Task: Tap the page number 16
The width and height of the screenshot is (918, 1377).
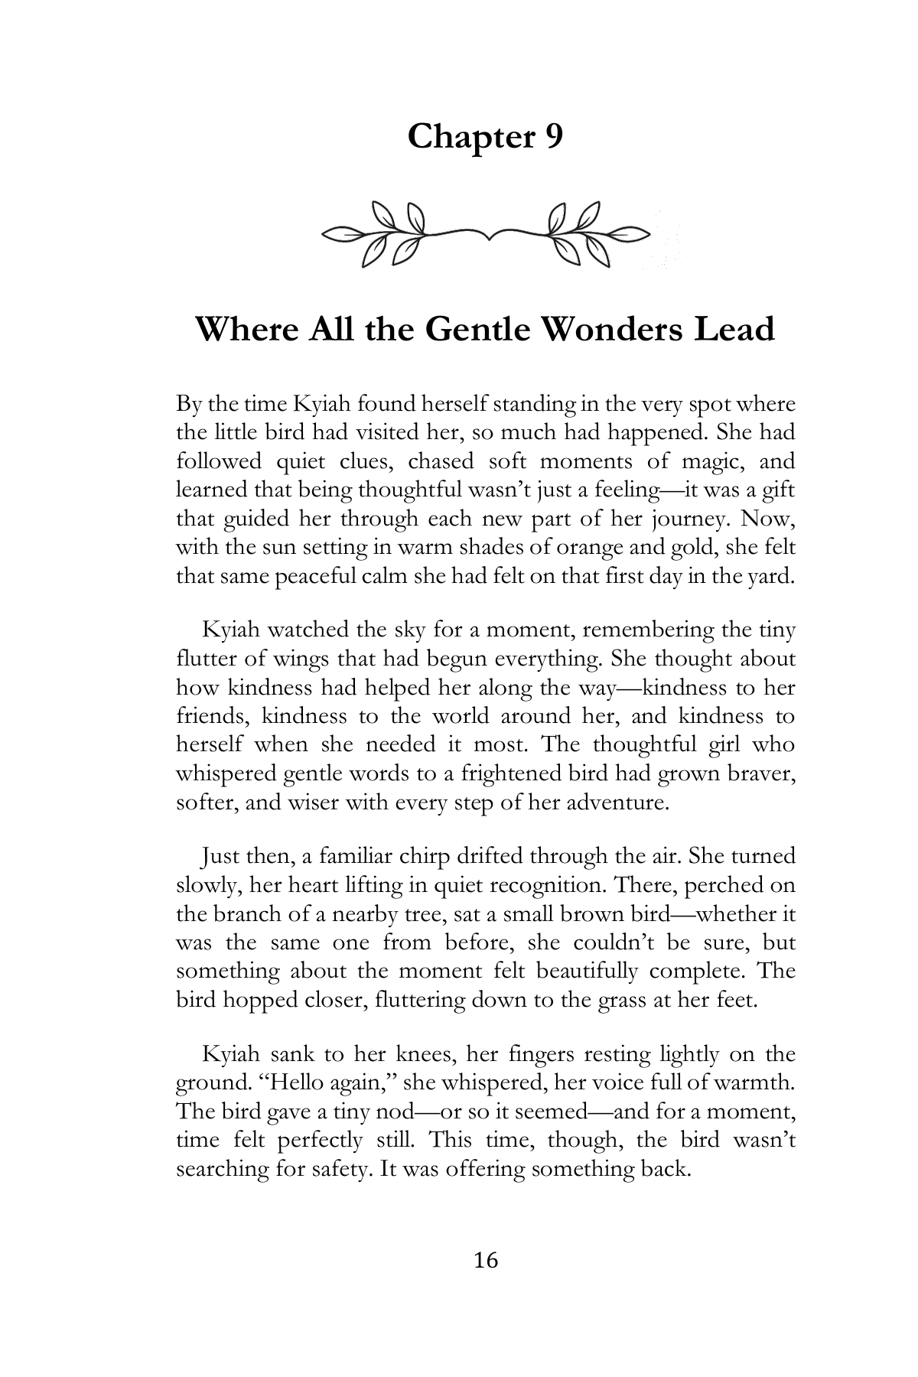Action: tap(486, 1260)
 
